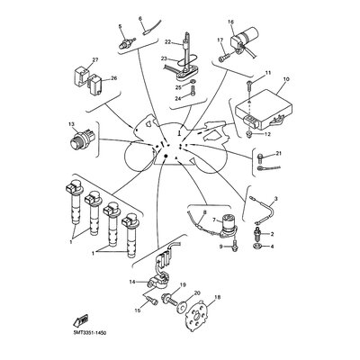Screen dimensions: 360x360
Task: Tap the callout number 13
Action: point(71,124)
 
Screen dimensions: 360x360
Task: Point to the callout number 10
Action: point(284,79)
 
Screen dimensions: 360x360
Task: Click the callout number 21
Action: point(279,154)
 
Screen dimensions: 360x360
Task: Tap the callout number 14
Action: point(132,283)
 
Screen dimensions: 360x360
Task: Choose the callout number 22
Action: point(167,41)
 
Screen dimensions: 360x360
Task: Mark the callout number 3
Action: point(275,197)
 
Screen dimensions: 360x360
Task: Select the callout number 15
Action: point(139,310)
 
